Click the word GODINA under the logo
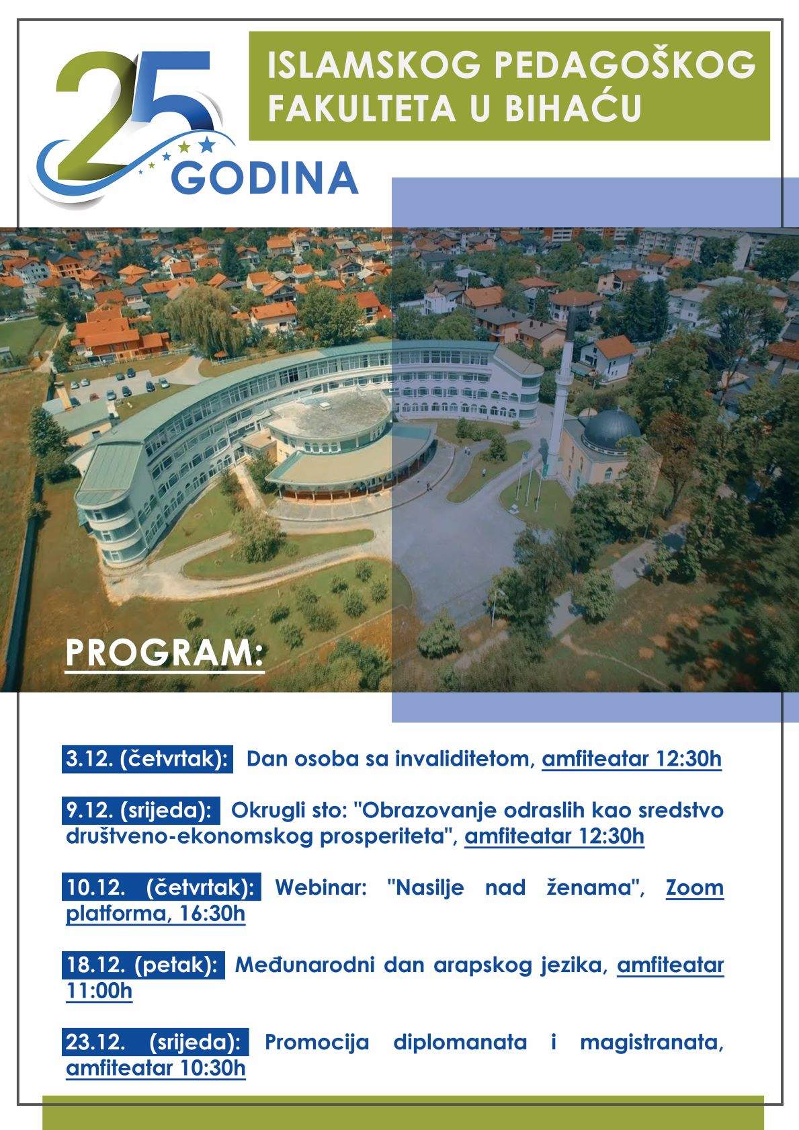265,179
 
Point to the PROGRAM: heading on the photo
165,654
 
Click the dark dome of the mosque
612,430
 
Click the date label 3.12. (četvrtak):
147,759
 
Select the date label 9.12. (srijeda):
140,811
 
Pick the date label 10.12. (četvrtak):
161,887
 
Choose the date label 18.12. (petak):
143,965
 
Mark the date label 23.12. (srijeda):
155,1042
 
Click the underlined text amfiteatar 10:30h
156,1068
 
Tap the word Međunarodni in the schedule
304,965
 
